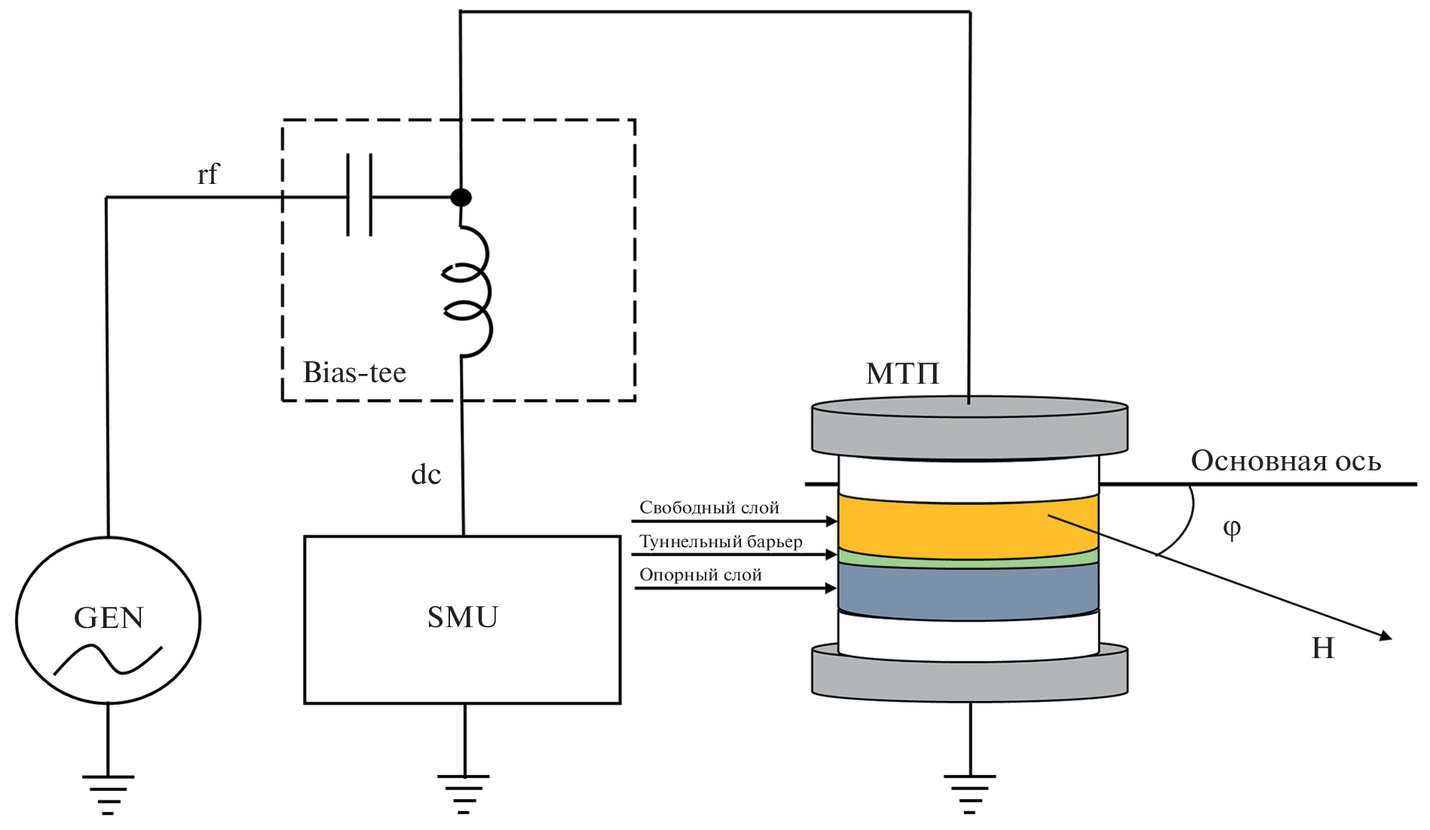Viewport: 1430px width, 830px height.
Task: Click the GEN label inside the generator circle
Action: pyautogui.click(x=109, y=618)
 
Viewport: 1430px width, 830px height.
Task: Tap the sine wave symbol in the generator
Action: pyautogui.click(x=108, y=659)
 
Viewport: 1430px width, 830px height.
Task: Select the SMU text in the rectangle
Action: pyautogui.click(x=462, y=617)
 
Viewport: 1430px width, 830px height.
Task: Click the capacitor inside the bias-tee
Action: pyautogui.click(x=359, y=196)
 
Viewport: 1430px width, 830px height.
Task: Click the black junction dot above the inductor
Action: pyautogui.click(x=461, y=198)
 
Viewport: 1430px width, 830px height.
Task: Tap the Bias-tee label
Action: pyautogui.click(x=354, y=372)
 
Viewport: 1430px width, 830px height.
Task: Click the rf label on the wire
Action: pyautogui.click(x=207, y=175)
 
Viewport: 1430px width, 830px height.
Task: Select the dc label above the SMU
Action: pyautogui.click(x=425, y=475)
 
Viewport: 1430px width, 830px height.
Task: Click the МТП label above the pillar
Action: pyautogui.click(x=902, y=374)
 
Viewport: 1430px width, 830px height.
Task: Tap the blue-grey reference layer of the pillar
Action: pyautogui.click(x=968, y=590)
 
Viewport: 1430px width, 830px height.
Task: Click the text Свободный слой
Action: pyautogui.click(x=709, y=508)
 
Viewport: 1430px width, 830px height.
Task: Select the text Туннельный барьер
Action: pyautogui.click(x=721, y=542)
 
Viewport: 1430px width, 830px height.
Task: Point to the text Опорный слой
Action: pyautogui.click(x=700, y=575)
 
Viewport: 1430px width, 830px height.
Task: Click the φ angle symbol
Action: pyautogui.click(x=1231, y=528)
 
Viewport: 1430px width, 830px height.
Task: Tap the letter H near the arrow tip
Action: pyautogui.click(x=1323, y=648)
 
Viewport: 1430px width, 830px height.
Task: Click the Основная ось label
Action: pyautogui.click(x=1285, y=461)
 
